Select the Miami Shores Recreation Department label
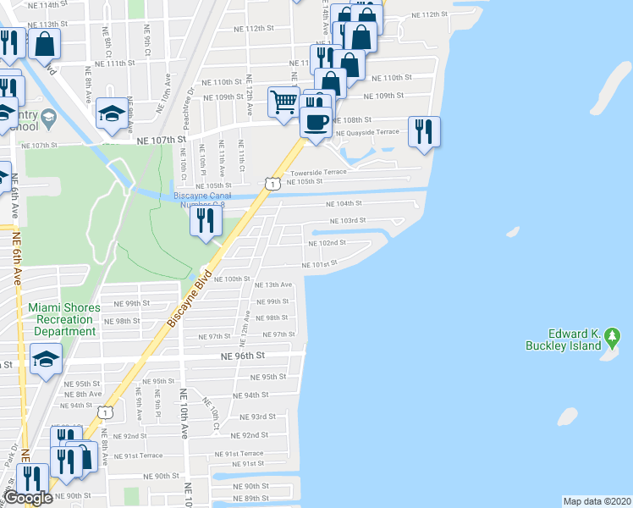pyautogui.click(x=64, y=319)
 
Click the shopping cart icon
pyautogui.click(x=284, y=102)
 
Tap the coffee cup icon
pyautogui.click(x=316, y=122)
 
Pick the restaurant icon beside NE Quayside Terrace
pyautogui.click(x=424, y=131)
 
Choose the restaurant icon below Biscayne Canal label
pyautogui.click(x=206, y=220)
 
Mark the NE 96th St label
pyautogui.click(x=243, y=356)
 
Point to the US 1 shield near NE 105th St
pyautogui.click(x=271, y=183)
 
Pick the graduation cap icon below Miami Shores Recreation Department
pyautogui.click(x=45, y=359)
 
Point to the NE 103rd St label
pyautogui.click(x=347, y=220)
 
